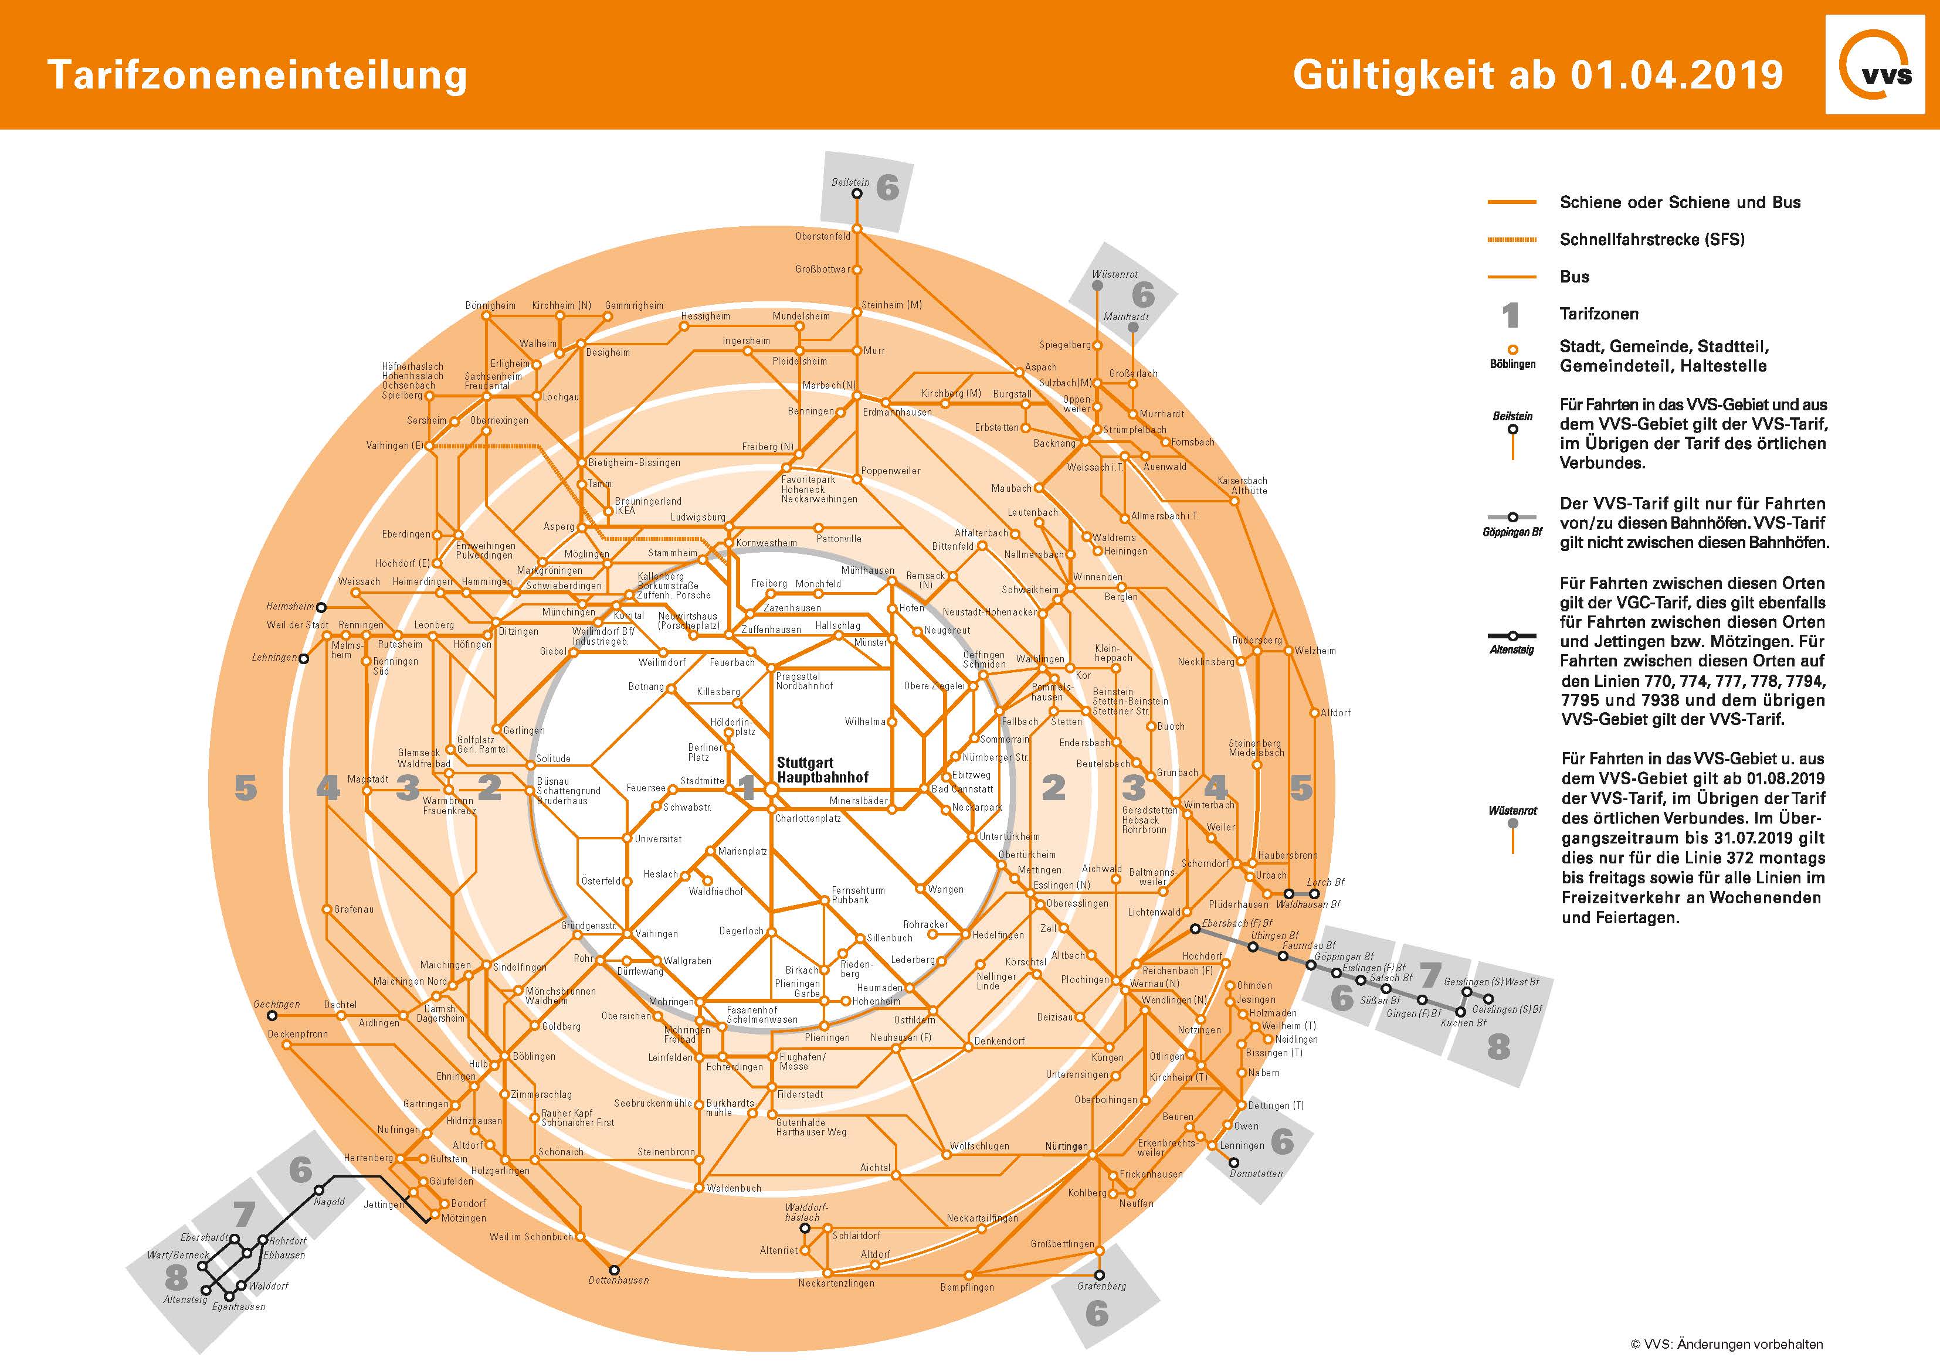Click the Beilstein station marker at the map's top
pos(856,193)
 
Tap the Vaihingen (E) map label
pos(395,445)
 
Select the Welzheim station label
pos(1315,651)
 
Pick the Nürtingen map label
pos(1066,1147)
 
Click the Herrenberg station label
pos(368,1157)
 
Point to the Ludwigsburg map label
pos(698,517)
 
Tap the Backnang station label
pos(1054,443)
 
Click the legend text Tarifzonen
pos(1599,314)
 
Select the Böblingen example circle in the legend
pos(1512,349)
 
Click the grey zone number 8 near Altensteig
pos(176,1278)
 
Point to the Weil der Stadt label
pos(297,625)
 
